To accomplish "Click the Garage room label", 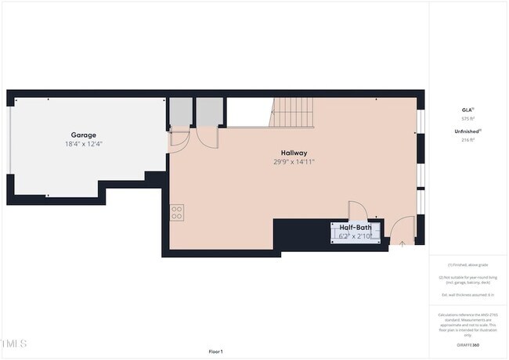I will pyautogui.click(x=84, y=135).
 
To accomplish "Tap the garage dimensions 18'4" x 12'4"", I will pyautogui.click(x=84, y=144).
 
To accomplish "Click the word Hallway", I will pyautogui.click(x=294, y=153).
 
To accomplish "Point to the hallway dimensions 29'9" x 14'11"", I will pyautogui.click(x=294, y=162).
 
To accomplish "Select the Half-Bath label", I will pyautogui.click(x=355, y=227).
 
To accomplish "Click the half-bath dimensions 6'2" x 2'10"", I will pyautogui.click(x=355, y=236).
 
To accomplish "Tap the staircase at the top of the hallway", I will pyautogui.click(x=293, y=113).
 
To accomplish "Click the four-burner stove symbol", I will pyautogui.click(x=177, y=210).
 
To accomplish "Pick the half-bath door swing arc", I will pyautogui.click(x=356, y=211).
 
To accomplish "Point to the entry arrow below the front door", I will pyautogui.click(x=403, y=243).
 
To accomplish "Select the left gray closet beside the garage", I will pyautogui.click(x=180, y=113).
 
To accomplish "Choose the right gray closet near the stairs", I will pyautogui.click(x=208, y=113).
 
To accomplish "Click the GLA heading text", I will pyautogui.click(x=467, y=110).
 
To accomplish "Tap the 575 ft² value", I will pyautogui.click(x=467, y=118).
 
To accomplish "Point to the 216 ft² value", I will pyautogui.click(x=467, y=140).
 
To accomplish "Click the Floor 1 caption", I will pyautogui.click(x=215, y=351).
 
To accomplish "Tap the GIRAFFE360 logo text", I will pyautogui.click(x=467, y=345).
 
